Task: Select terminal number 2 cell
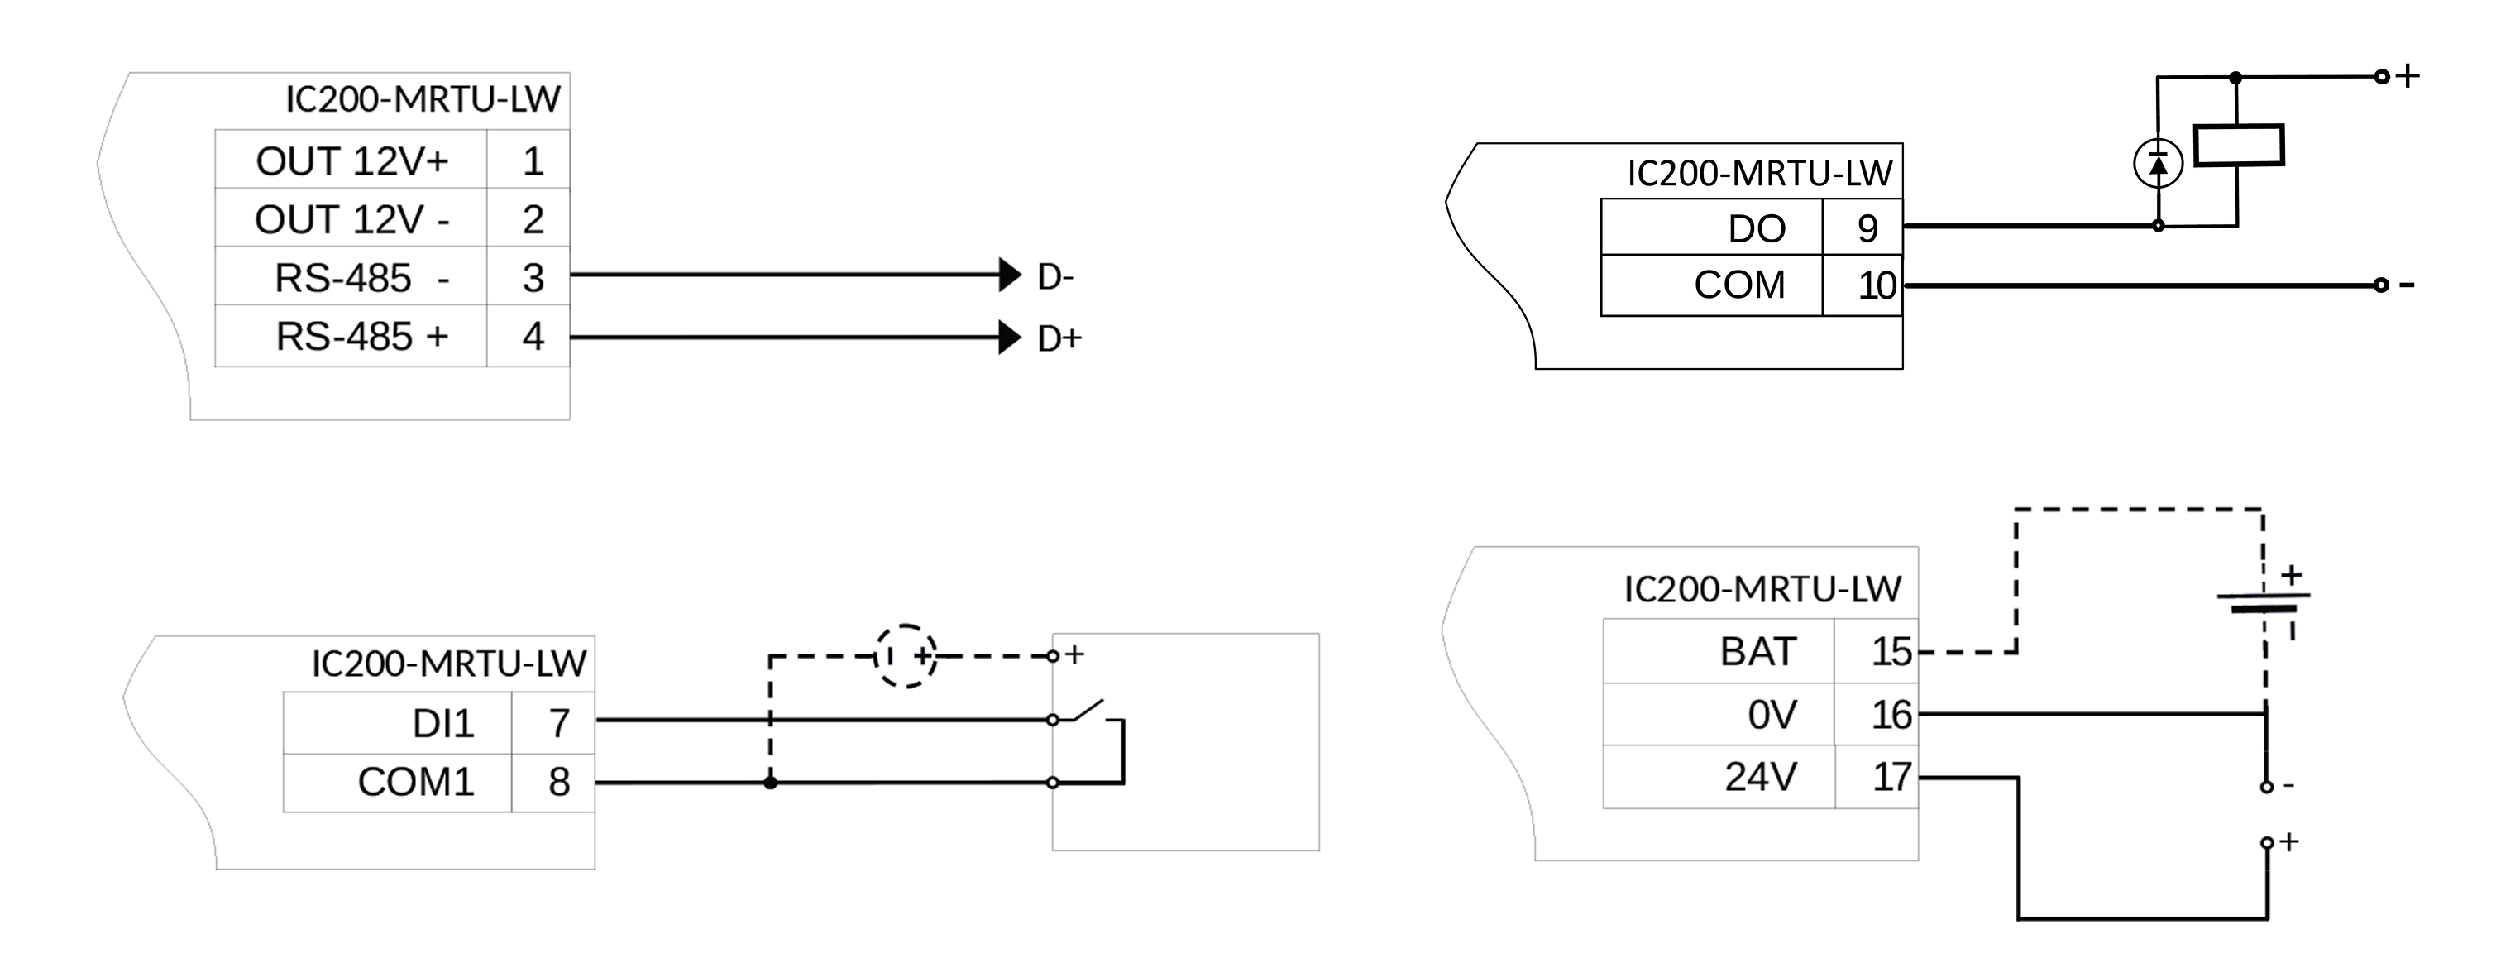point(532,219)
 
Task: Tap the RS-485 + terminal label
point(361,337)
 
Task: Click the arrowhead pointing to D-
point(1010,275)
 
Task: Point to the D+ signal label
point(1059,338)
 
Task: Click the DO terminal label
point(1756,229)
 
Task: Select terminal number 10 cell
point(1877,285)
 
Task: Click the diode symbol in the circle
point(2157,164)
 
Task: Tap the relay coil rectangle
point(2238,146)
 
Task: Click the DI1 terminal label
point(442,724)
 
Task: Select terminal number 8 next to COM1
point(558,782)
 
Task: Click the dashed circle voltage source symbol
point(905,656)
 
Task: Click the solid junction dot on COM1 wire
point(771,783)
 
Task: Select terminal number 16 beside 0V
point(1891,716)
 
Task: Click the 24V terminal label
point(1759,777)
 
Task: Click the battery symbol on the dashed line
point(2263,602)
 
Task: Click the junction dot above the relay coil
point(2235,77)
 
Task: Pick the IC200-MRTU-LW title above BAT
point(1762,589)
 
